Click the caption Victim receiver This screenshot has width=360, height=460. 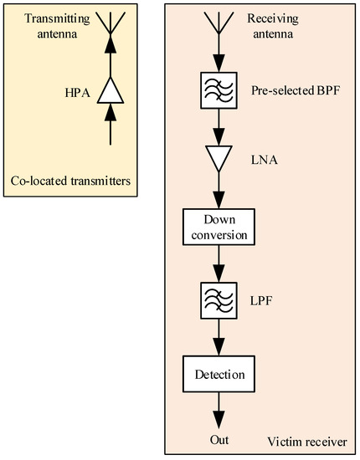(308, 440)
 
